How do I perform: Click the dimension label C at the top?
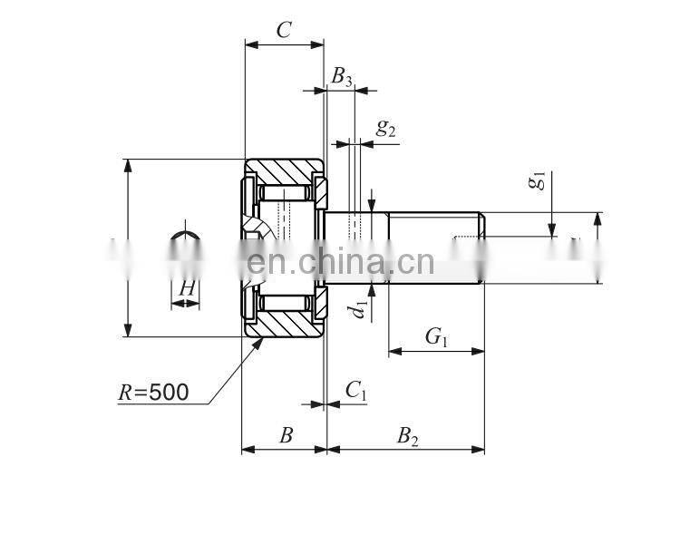(284, 30)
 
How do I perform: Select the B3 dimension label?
(342, 77)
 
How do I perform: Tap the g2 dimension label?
(386, 129)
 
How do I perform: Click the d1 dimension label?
(361, 306)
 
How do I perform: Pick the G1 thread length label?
(437, 337)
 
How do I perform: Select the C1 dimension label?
(355, 391)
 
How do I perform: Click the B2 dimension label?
(408, 436)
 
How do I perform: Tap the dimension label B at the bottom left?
(286, 436)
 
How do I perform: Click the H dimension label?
(186, 288)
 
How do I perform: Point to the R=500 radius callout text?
(153, 393)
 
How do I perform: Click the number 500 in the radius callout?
(169, 393)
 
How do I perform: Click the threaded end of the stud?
(435, 248)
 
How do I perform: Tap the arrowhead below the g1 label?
(552, 229)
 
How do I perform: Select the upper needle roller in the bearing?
(286, 194)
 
